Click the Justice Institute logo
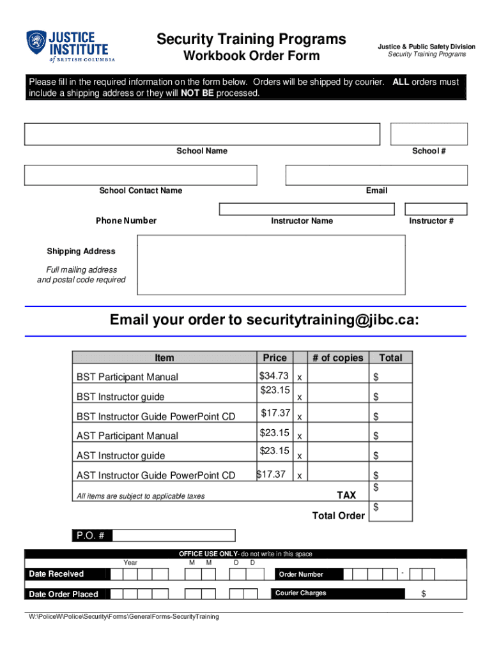[x=70, y=46]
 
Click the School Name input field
[x=202, y=134]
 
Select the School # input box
[x=429, y=134]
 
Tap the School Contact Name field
[x=141, y=175]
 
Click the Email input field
[x=376, y=175]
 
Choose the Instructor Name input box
[x=307, y=209]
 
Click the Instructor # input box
[x=436, y=209]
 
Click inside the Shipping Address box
[x=271, y=264]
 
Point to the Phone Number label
[x=126, y=221]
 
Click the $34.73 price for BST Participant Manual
[x=274, y=376]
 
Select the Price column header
[x=275, y=358]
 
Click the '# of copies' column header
[x=337, y=358]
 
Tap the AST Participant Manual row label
[x=127, y=436]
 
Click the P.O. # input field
[x=173, y=535]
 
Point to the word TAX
[x=346, y=496]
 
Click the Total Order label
[x=338, y=515]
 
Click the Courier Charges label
[x=300, y=593]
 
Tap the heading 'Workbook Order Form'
[x=252, y=56]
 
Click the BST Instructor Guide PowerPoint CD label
[x=156, y=416]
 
